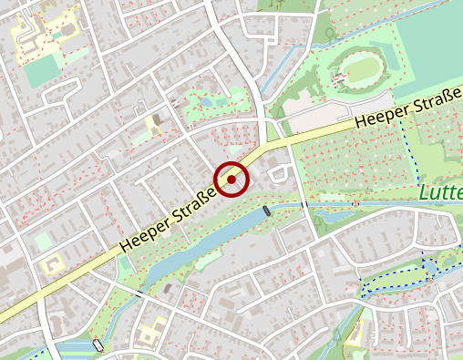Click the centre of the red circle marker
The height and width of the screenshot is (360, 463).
coord(231,180)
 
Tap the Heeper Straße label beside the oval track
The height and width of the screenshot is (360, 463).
coord(407,108)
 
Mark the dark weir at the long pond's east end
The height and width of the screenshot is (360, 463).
coord(267,211)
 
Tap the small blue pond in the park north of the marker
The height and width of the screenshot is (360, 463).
coord(203,102)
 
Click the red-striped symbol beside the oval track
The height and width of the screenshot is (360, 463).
coord(339,79)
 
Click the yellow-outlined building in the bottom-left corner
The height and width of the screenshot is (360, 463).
coord(54,265)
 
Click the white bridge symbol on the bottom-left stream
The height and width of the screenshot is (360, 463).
coord(98,345)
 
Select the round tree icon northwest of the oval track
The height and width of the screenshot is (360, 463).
coord(330,35)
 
